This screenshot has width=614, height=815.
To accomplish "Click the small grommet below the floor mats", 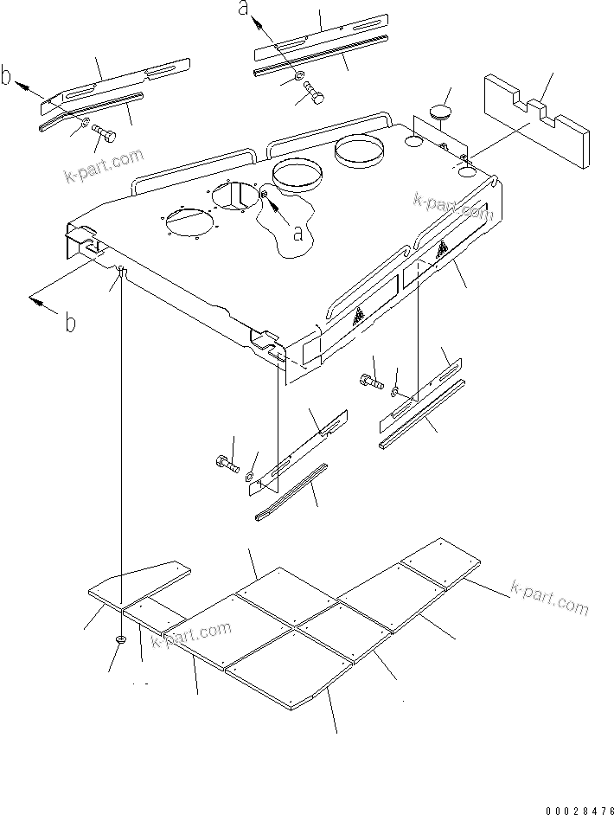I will (x=121, y=639).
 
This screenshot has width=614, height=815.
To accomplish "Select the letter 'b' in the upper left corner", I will (x=8, y=79).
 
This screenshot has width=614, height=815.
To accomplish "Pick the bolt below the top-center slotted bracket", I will (x=313, y=97).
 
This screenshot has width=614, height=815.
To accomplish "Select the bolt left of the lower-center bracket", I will (x=227, y=462).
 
